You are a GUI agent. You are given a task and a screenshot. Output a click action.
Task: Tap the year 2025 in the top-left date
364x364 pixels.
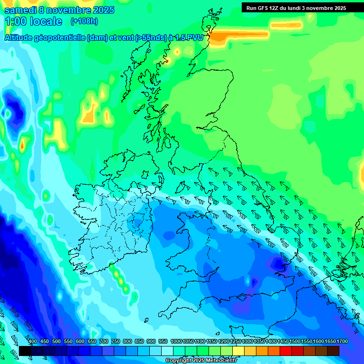[100, 10]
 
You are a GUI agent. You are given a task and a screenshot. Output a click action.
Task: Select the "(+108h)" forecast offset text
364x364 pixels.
[85, 21]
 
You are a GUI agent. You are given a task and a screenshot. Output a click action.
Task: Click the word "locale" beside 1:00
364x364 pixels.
[46, 21]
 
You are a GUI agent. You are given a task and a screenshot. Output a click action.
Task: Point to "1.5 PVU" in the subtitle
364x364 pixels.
[191, 37]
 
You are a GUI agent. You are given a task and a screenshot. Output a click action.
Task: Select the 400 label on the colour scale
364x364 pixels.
[33, 341]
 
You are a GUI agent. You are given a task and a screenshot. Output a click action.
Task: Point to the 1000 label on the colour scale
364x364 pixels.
[176, 341]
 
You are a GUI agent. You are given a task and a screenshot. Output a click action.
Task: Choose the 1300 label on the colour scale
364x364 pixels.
[247, 341]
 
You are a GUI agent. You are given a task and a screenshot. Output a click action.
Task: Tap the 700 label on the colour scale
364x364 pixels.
[104, 341]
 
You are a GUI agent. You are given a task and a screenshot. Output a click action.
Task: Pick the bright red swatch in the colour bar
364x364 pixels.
[285, 351]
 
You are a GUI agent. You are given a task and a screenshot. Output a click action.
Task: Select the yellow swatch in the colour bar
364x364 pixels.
[238, 351]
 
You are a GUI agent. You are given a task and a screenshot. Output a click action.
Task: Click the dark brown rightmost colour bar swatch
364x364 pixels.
[333, 351]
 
